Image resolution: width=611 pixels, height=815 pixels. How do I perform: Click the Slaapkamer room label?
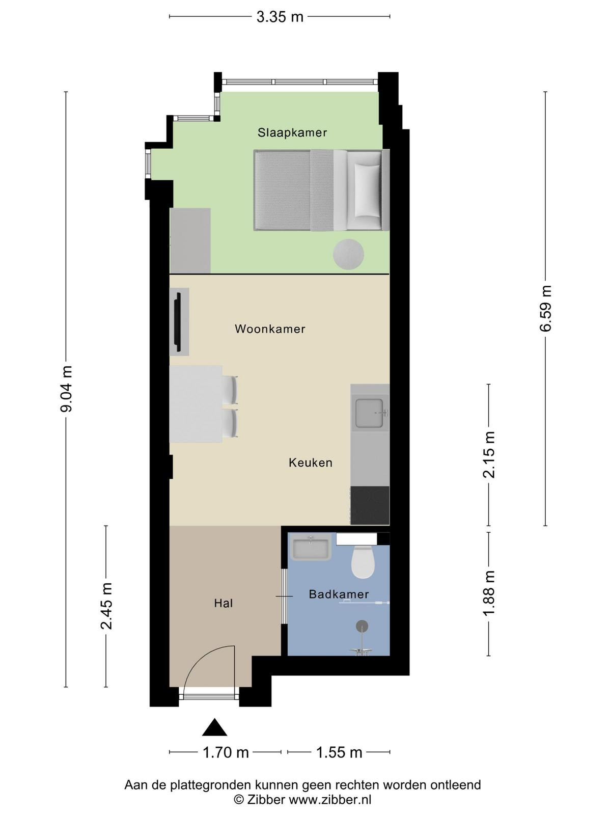(292, 132)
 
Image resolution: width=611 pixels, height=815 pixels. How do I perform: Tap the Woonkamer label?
(270, 329)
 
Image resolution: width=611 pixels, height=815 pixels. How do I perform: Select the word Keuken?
(311, 463)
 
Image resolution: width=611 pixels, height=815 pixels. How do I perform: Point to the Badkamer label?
(339, 594)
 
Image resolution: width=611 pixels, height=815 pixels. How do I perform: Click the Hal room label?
(224, 603)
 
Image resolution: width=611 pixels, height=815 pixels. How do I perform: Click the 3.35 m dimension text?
(280, 17)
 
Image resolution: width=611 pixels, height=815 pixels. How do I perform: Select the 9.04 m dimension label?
(67, 389)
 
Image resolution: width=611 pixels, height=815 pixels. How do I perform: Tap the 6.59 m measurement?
(546, 308)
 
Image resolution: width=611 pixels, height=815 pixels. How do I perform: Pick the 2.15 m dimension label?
(489, 455)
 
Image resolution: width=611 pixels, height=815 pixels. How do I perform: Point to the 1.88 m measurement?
(489, 593)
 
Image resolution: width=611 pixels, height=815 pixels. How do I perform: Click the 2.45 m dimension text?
(106, 606)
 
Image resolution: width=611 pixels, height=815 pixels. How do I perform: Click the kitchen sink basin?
(370, 413)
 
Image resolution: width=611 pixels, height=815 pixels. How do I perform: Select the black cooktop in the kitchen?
(370, 505)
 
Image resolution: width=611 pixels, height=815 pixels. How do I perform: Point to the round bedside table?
(348, 254)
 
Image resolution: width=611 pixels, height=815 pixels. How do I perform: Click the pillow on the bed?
(367, 191)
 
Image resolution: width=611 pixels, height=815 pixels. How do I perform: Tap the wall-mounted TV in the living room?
(178, 322)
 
